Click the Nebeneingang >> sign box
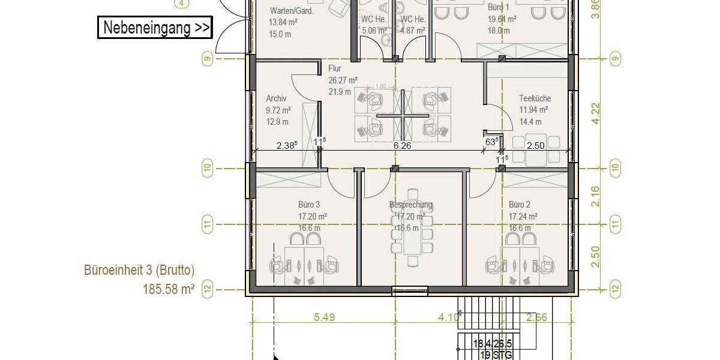(155, 28)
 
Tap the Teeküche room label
(535, 98)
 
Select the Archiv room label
(276, 98)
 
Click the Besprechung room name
(410, 205)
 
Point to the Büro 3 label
(309, 205)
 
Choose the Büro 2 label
(520, 205)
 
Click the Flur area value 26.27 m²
(343, 80)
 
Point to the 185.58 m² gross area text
(168, 289)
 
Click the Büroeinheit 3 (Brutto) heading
(139, 271)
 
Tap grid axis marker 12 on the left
(208, 289)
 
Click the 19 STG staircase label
(496, 355)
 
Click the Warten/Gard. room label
(292, 10)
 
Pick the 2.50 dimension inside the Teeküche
(535, 145)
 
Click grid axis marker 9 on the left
(208, 59)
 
